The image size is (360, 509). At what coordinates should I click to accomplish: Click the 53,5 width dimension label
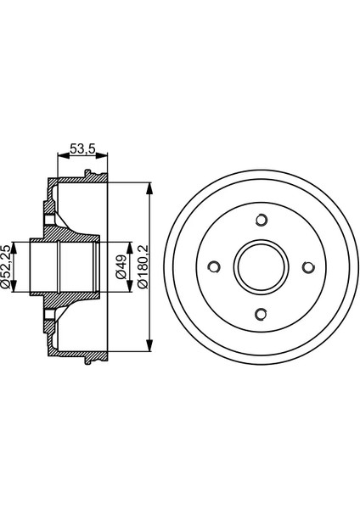pos(82,149)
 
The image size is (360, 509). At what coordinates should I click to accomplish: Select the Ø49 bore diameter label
pos(121,267)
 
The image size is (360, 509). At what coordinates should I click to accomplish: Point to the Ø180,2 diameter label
pos(143,266)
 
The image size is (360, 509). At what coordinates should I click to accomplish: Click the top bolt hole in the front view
pos(261,220)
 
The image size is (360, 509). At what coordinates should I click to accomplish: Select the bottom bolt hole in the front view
pos(261,314)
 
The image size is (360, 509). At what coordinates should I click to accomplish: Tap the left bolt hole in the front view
pos(214,267)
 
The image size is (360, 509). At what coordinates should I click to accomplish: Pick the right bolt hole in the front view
pos(308,267)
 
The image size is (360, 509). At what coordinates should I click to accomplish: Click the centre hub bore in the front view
pos(261,267)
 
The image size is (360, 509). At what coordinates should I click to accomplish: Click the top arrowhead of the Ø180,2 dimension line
pos(149,189)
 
